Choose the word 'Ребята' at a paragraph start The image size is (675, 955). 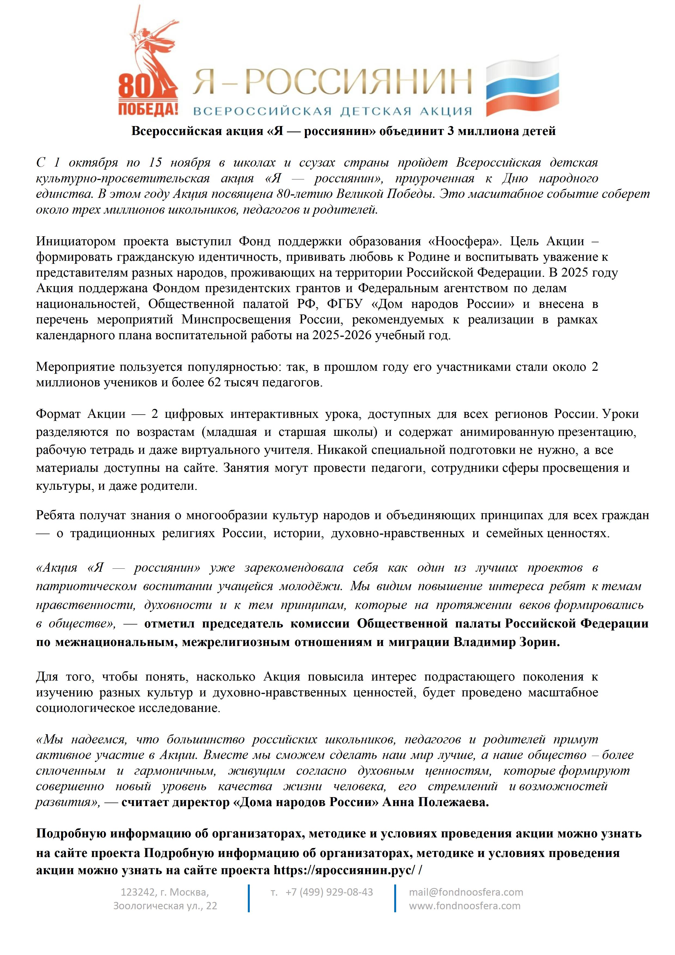[55, 515]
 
